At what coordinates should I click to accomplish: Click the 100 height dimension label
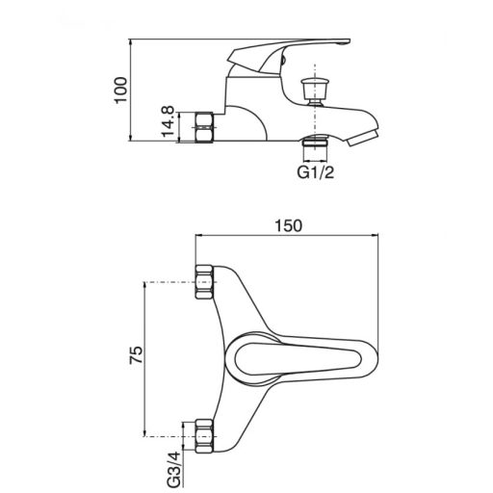[121, 90]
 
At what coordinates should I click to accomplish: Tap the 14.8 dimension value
[168, 121]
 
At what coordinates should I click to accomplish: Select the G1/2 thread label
[316, 172]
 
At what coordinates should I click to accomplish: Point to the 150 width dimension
[288, 225]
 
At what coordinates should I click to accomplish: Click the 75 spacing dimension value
[136, 354]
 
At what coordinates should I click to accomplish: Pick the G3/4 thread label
[175, 471]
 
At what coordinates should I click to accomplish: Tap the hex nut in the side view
[204, 127]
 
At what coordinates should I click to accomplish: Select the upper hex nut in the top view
[204, 282]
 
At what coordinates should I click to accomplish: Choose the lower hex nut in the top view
[204, 436]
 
